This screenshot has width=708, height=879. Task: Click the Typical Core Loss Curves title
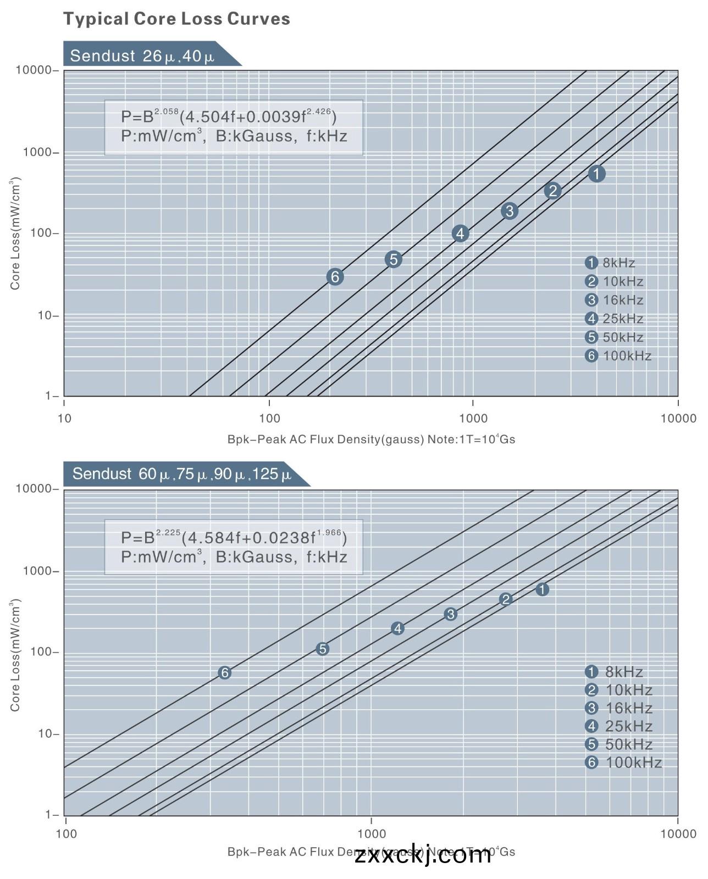[x=176, y=19]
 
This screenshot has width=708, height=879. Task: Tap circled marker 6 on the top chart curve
[x=335, y=277]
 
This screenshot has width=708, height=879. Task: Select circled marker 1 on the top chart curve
[x=596, y=174]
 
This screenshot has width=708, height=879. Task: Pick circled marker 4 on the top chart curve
[x=460, y=233]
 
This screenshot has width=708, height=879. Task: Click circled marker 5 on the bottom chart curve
[x=323, y=649]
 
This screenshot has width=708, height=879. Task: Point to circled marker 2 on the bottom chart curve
[x=506, y=599]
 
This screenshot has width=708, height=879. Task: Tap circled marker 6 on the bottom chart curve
[x=224, y=673]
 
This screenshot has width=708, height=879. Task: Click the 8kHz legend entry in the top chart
[x=610, y=263]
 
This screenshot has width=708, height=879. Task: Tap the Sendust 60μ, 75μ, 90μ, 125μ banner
[x=181, y=474]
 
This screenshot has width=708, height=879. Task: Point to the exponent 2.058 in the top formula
[x=167, y=112]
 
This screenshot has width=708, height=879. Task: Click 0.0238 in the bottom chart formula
[x=283, y=537]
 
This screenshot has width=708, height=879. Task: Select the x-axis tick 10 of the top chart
[x=64, y=419]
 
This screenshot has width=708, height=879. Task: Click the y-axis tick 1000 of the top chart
[x=37, y=152]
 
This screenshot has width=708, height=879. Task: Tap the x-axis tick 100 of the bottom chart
[x=66, y=834]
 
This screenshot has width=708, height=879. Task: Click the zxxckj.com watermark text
[x=422, y=855]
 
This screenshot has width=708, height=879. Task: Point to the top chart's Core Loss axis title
[x=15, y=233]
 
